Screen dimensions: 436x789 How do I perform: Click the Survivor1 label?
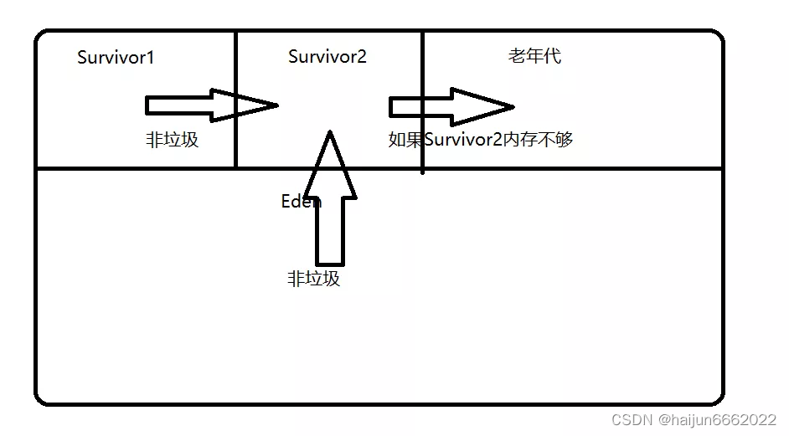point(116,58)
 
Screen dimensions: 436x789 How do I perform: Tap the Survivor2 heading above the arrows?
point(327,57)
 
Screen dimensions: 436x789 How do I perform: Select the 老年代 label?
point(534,56)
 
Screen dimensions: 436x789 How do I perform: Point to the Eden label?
point(300,202)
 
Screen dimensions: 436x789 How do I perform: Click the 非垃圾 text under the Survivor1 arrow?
point(172,140)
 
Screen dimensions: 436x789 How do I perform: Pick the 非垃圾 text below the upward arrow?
point(313,279)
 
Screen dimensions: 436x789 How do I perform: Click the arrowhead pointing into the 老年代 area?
point(482,106)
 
